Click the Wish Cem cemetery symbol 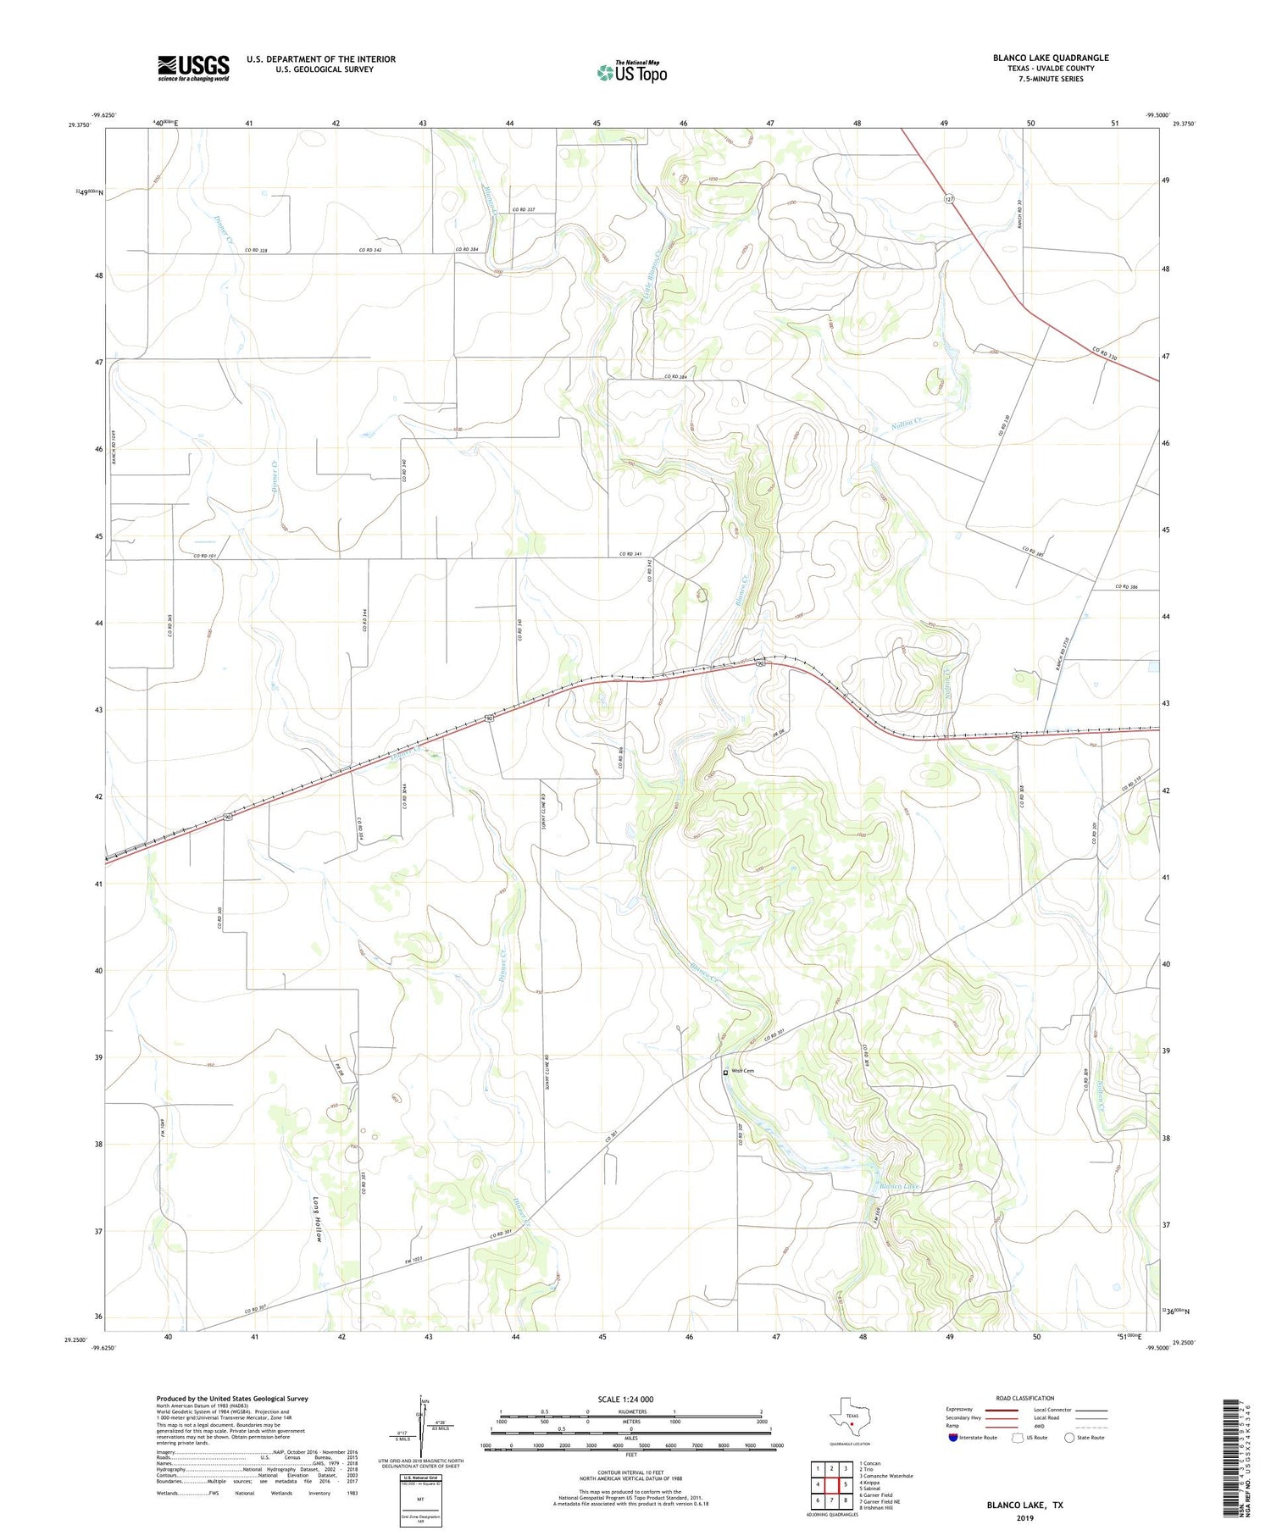point(725,1072)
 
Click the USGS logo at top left point(193,68)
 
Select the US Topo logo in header point(632,73)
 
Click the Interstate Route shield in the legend point(955,1438)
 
